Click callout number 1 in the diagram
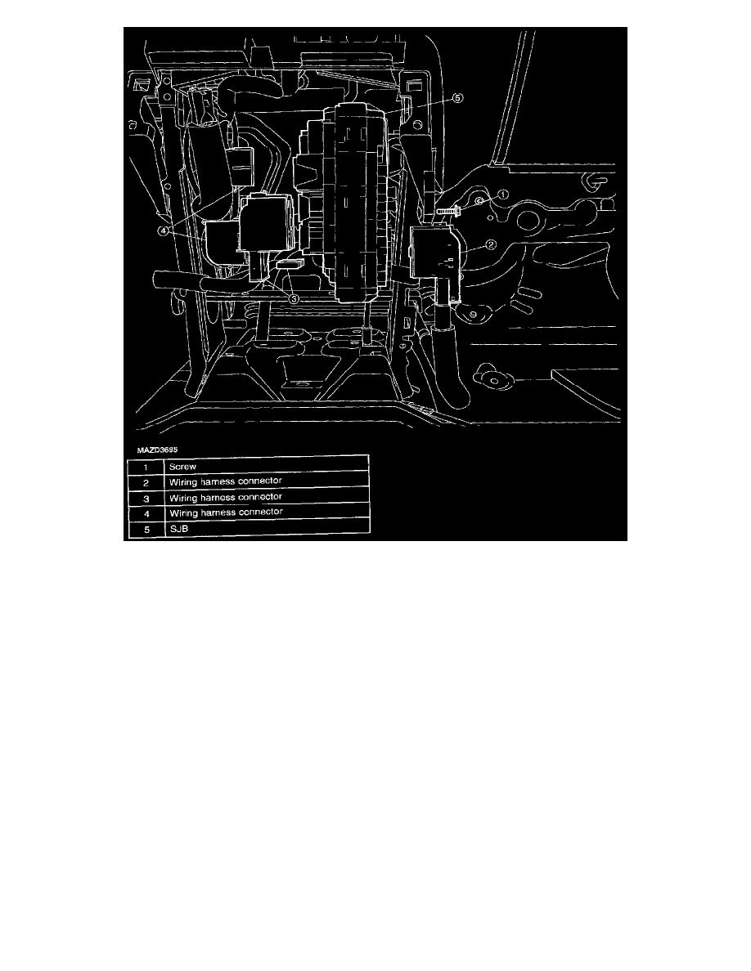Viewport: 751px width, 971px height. pos(503,195)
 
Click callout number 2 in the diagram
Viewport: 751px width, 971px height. pos(490,244)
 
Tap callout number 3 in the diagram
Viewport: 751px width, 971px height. pos(294,299)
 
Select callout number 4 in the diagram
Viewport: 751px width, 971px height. pos(162,230)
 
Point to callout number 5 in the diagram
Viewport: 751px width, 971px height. pos(457,98)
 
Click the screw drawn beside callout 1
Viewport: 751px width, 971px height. pos(448,211)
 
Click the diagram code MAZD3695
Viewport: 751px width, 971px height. pos(157,450)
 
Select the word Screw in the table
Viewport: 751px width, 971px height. pos(182,467)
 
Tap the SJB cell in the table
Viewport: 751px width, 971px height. pos(179,530)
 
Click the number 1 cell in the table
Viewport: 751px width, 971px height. pos(146,467)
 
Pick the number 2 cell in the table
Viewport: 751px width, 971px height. pos(146,482)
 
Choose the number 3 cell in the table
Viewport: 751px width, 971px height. pos(146,499)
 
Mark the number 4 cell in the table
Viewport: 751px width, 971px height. pos(146,515)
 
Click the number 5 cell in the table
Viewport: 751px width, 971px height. pos(146,530)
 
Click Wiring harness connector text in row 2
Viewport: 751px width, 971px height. pos(226,481)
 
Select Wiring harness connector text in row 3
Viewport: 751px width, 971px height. pos(226,497)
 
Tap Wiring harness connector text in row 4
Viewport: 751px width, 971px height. pos(226,512)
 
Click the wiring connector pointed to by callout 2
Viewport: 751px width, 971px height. pos(436,254)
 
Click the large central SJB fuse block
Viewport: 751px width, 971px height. pos(359,203)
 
